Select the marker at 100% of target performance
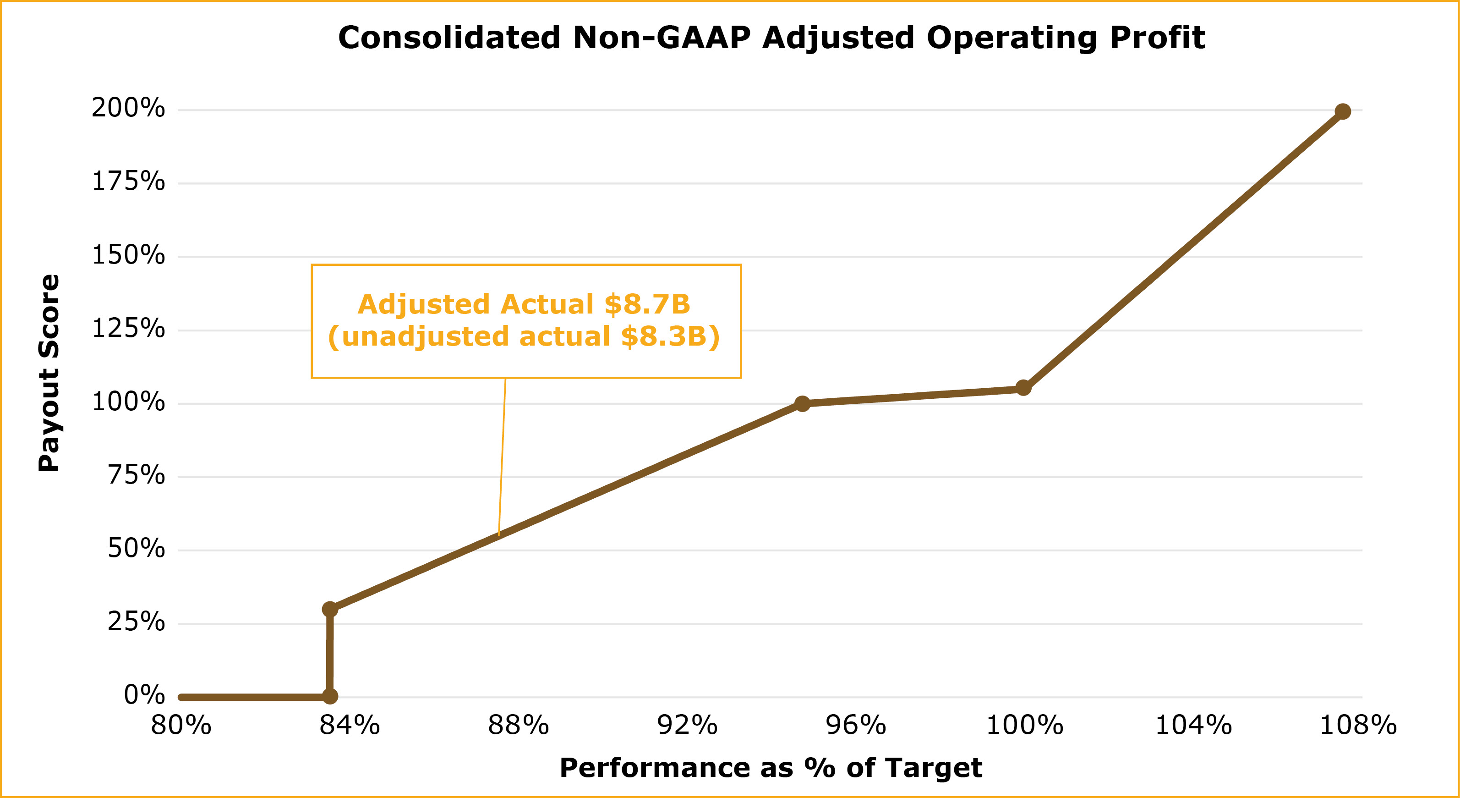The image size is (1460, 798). pos(1023,388)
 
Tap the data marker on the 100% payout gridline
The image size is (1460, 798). pos(802,403)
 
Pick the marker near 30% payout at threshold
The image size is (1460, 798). pos(330,609)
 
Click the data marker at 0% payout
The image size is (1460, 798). pos(330,696)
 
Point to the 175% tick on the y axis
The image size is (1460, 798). pos(128,182)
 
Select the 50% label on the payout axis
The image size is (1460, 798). pos(136,549)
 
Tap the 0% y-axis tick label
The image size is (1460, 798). pos(144,695)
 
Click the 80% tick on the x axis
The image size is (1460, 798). pos(181,726)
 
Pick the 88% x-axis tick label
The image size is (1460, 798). pos(518,726)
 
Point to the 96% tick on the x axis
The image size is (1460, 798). pos(856,726)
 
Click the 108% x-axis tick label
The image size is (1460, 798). pos(1358,726)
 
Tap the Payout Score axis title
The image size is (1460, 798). pos(49,373)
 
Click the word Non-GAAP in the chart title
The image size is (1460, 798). pos(662,38)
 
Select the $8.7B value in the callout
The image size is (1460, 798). pos(647,304)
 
